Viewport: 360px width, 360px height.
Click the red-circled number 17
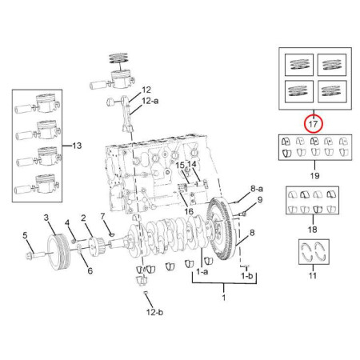click(313, 124)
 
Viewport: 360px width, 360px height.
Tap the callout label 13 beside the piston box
click(77, 146)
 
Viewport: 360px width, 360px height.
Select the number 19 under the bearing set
click(314, 176)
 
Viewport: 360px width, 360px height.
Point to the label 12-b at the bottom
click(154, 312)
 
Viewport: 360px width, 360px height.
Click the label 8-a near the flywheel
click(257, 189)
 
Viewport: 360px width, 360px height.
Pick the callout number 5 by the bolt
click(25, 235)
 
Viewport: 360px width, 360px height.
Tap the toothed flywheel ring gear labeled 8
click(222, 230)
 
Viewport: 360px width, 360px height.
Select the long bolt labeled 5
click(36, 255)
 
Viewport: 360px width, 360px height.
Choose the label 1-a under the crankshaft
click(202, 272)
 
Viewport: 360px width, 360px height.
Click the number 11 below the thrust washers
click(313, 275)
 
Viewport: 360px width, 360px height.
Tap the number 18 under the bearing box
click(313, 230)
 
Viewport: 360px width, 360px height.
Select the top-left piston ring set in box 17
click(299, 65)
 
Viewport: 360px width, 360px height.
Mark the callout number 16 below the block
click(189, 212)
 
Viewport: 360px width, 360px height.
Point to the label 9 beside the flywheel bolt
click(260, 200)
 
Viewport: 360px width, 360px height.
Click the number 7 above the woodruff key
click(102, 216)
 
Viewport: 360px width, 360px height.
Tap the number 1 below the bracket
click(224, 298)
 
